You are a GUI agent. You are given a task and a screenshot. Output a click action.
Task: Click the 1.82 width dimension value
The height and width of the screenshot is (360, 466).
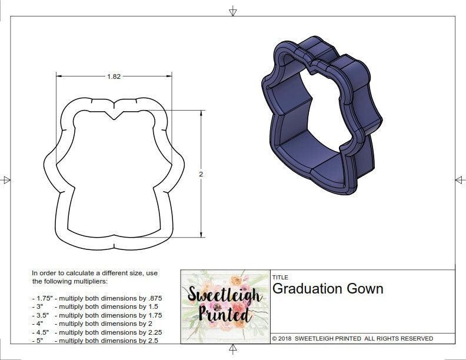[115, 76]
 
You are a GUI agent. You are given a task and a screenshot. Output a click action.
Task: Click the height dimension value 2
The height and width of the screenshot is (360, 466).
[201, 174]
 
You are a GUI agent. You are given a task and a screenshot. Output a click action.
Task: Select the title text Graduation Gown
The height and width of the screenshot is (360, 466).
[328, 289]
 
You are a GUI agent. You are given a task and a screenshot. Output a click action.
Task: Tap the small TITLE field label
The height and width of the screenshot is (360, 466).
[279, 278]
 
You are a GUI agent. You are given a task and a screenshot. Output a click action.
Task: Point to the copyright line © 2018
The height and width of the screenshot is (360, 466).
[352, 339]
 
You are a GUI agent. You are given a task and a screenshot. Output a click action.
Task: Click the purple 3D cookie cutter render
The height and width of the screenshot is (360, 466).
[318, 118]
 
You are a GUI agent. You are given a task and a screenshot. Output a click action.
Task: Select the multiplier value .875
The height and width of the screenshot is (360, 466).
[154, 298]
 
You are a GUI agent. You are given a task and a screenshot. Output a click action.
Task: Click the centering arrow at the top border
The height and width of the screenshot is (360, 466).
[233, 11]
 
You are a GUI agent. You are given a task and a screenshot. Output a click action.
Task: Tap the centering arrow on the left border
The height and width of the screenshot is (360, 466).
[6, 180]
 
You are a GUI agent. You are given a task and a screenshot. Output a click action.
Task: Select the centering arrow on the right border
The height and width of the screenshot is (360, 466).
[460, 180]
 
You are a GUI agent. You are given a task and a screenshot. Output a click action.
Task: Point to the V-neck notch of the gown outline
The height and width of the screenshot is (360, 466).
[115, 115]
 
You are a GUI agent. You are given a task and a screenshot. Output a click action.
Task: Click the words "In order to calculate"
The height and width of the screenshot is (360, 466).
[65, 274]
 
